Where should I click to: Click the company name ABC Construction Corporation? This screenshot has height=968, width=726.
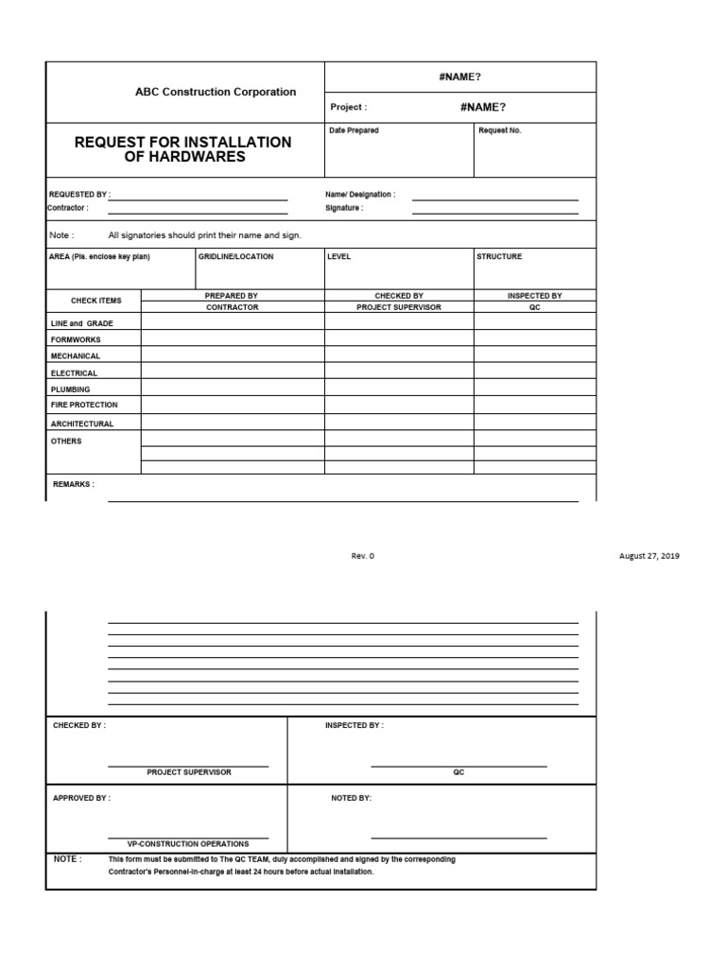pos(215,92)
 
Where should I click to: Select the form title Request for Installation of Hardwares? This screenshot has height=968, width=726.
pos(183,149)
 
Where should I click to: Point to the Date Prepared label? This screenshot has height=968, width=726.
pos(354,130)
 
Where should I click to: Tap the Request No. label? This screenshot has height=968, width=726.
pos(499,130)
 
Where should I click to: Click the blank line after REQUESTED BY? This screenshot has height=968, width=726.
pos(198,195)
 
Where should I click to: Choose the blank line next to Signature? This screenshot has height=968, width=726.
pos(494,209)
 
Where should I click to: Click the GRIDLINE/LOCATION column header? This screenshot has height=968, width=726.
pos(235,256)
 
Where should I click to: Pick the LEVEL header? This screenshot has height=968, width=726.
pos(339,256)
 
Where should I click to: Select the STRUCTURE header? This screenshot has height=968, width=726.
pos(498,256)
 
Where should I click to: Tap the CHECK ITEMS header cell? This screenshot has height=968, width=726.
pos(96,301)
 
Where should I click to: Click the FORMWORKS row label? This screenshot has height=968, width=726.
pos(76,339)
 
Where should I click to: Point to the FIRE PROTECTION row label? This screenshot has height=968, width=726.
pos(84,405)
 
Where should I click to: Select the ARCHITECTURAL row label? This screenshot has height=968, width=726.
pos(82,423)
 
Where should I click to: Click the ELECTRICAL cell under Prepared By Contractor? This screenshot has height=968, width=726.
pos(233,372)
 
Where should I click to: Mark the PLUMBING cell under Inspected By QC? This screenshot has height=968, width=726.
pos(534,389)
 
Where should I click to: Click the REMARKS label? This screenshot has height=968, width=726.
pos(74,484)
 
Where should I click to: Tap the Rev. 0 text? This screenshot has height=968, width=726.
pos(363,556)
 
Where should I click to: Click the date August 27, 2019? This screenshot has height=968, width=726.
pos(648,556)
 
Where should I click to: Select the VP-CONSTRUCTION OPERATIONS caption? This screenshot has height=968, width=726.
pos(189,843)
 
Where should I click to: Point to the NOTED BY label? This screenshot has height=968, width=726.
pos(351,798)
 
